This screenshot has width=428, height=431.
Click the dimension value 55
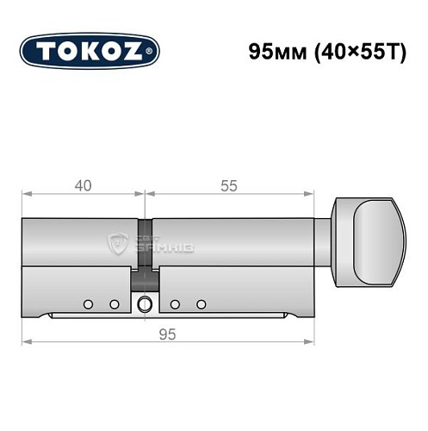(227, 185)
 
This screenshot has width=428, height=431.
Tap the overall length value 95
(168, 334)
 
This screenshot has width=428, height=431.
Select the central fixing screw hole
(145, 303)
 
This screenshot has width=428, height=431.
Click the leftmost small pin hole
(88, 304)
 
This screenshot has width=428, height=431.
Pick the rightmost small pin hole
(202, 304)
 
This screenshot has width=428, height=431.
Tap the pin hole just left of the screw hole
(114, 304)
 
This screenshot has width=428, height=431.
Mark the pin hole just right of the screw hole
(175, 304)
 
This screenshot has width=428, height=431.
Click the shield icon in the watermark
(117, 243)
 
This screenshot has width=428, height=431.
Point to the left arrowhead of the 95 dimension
(26, 343)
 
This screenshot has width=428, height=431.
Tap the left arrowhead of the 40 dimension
(26, 195)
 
